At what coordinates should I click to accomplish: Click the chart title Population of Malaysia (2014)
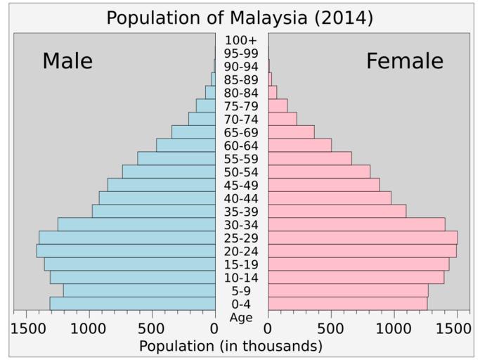[240, 18]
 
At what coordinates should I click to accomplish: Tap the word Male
[67, 61]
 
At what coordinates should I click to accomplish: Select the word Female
[405, 61]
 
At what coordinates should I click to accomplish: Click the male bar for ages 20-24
[126, 251]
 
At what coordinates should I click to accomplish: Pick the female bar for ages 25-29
[363, 238]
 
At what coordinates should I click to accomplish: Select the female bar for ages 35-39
[337, 211]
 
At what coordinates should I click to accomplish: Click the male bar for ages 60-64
[186, 146]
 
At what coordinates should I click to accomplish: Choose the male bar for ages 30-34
[136, 224]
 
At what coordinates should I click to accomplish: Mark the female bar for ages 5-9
[348, 290]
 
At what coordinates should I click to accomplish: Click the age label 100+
[241, 40]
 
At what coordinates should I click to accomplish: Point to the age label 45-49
[241, 185]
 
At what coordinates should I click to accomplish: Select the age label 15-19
[241, 264]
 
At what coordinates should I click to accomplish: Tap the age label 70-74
[241, 119]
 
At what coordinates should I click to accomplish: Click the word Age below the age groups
[241, 318]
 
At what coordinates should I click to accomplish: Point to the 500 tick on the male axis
[152, 328]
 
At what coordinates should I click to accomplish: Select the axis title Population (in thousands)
[231, 346]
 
